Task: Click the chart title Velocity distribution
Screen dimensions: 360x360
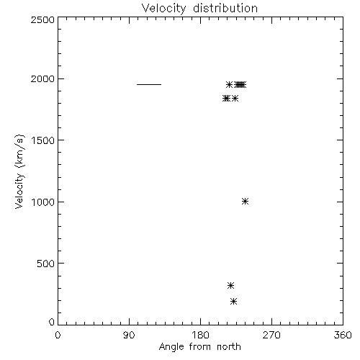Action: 199,9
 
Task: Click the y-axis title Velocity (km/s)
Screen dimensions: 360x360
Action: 19,171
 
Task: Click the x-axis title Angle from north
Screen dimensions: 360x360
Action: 199,347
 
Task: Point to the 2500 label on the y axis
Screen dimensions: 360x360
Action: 42,19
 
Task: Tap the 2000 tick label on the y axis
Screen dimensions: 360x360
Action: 42,78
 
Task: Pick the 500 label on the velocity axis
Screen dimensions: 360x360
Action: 46,264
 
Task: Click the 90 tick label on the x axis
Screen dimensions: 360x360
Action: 129,335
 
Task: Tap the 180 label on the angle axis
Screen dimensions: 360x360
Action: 200,335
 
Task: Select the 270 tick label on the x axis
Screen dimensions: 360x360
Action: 271,335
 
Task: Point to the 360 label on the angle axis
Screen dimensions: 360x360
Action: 343,335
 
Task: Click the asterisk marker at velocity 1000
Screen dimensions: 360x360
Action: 245,201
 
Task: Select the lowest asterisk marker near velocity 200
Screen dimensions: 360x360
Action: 234,301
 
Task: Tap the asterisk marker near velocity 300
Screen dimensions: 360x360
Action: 230,285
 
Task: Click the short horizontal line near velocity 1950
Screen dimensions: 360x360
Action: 149,84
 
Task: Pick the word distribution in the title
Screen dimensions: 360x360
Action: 225,9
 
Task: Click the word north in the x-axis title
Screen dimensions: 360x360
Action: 229,347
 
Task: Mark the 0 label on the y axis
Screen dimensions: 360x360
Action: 52,322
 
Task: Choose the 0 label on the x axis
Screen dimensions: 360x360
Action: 58,335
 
